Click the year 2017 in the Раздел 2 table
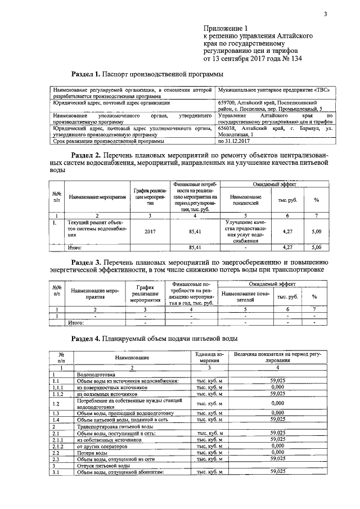[x=150, y=231]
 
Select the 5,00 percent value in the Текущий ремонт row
[x=316, y=231]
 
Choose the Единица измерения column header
[x=210, y=358]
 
